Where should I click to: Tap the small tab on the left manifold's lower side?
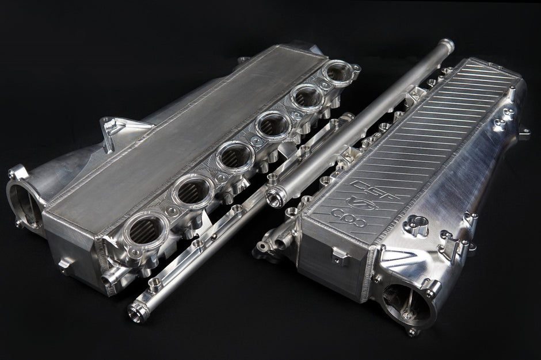point(65,266)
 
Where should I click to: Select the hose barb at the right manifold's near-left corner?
point(263,247)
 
